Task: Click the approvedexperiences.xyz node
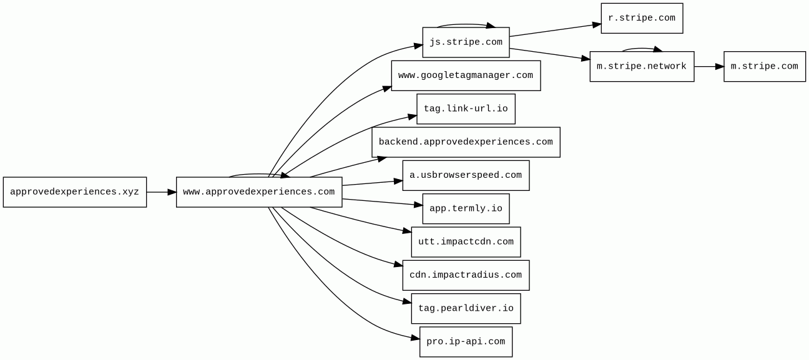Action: (75, 192)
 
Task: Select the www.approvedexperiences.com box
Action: (259, 192)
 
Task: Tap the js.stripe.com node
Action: (466, 42)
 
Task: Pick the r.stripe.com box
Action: (642, 19)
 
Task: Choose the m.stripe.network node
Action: (642, 66)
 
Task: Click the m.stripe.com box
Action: (765, 66)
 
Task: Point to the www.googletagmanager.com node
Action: (466, 75)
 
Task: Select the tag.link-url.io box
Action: (466, 109)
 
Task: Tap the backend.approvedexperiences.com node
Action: (466, 142)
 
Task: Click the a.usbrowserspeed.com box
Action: (466, 175)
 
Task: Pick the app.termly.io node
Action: (466, 209)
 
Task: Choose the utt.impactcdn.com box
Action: (466, 242)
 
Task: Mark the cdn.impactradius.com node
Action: (466, 275)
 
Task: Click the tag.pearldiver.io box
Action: (466, 308)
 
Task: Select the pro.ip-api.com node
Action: (466, 341)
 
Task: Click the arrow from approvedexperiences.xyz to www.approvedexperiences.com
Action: (162, 192)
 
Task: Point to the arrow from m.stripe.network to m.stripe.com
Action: (709, 66)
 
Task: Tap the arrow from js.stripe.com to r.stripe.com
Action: (555, 31)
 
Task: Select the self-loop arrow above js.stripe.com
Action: (466, 24)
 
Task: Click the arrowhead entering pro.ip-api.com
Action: (415, 338)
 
